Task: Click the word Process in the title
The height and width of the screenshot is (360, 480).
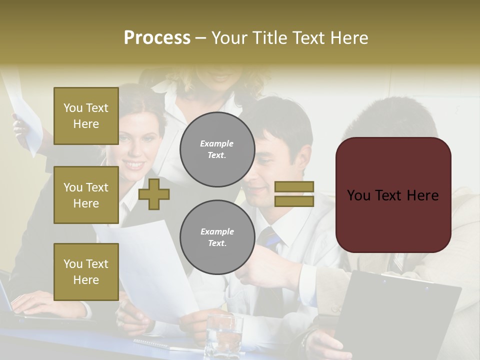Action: [x=157, y=38]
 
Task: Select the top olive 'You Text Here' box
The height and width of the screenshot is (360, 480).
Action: [x=86, y=116]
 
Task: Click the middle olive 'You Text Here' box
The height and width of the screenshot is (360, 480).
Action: [x=86, y=195]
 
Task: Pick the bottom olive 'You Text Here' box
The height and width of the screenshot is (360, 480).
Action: [x=86, y=272]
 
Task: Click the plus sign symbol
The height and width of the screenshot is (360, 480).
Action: [x=154, y=194]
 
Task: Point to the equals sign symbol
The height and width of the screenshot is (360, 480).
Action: [x=294, y=194]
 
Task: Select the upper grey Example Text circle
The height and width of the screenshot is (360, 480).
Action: [x=217, y=149]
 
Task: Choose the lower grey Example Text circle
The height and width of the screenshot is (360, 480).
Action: [x=217, y=237]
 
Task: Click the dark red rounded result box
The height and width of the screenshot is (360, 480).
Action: [x=393, y=195]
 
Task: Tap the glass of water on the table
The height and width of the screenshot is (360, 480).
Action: [x=223, y=334]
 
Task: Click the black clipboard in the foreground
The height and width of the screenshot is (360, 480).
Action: [x=400, y=315]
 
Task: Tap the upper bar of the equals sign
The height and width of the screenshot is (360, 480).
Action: [x=294, y=186]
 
